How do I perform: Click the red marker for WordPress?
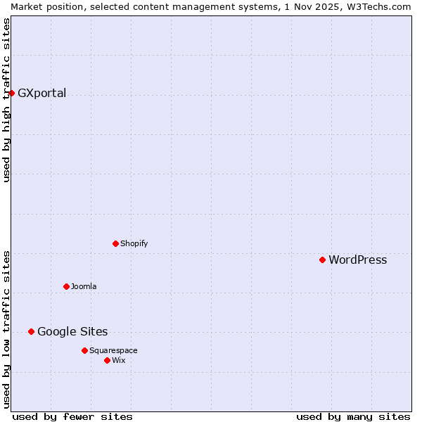coord(322,260)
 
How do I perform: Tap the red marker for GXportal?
coord(11,93)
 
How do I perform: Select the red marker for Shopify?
coord(115,243)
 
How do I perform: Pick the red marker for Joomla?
coord(66,286)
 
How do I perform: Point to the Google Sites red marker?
coord(31,331)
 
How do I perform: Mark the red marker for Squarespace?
coord(84,350)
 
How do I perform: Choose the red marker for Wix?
coord(107,360)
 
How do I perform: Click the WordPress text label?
coord(357,260)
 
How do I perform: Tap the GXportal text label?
coord(41,94)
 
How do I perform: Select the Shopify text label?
coord(134,244)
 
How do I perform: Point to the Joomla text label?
coord(84,287)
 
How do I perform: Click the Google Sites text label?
coord(72,332)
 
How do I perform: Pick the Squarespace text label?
coord(113,351)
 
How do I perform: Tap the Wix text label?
coord(118,361)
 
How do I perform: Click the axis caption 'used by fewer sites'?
coord(72,416)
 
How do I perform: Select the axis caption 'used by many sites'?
coord(353,416)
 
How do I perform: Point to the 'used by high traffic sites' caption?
coord(6,100)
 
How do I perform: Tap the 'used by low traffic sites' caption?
coord(6,329)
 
